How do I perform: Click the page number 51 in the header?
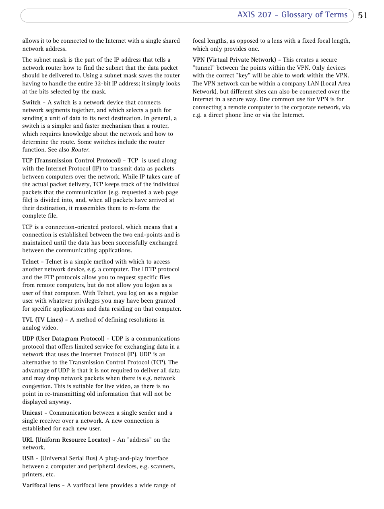click(x=362, y=15)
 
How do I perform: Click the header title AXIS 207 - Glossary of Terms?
click(x=292, y=15)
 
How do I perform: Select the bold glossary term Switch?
click(x=31, y=102)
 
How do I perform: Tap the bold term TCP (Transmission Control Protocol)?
click(x=71, y=160)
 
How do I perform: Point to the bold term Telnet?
click(x=31, y=262)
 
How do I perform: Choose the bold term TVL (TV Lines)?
click(x=42, y=320)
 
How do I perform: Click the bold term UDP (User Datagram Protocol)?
click(x=63, y=339)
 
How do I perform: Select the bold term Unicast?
click(x=32, y=413)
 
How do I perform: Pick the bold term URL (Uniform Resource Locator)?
click(x=66, y=440)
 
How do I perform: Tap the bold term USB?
click(x=28, y=458)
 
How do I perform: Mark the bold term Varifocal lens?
click(x=41, y=485)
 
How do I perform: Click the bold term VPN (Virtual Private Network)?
click(x=234, y=60)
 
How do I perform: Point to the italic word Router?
click(x=81, y=150)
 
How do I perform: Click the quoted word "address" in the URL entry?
click(x=139, y=440)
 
